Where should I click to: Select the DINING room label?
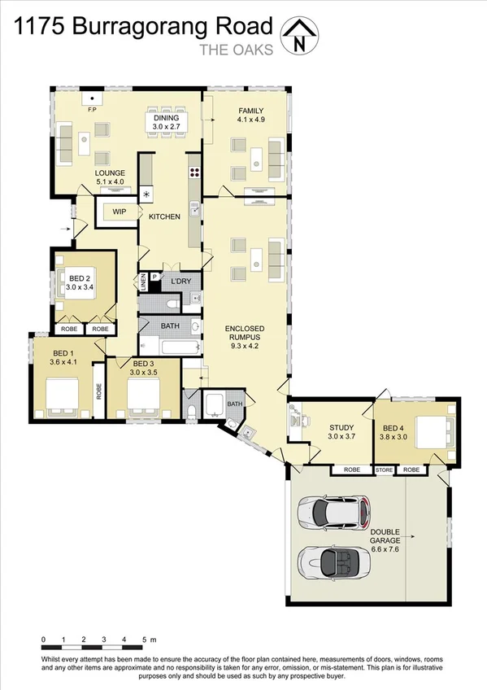(x=166, y=119)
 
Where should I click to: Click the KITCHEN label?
(x=163, y=216)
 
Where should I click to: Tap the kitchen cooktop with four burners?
(x=195, y=172)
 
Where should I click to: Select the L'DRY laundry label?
(x=180, y=282)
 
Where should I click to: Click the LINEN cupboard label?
(x=144, y=283)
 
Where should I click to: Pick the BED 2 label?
(x=80, y=277)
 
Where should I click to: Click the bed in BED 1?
(x=62, y=395)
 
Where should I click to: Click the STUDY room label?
(x=340, y=428)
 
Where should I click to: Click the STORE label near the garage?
(x=383, y=470)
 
